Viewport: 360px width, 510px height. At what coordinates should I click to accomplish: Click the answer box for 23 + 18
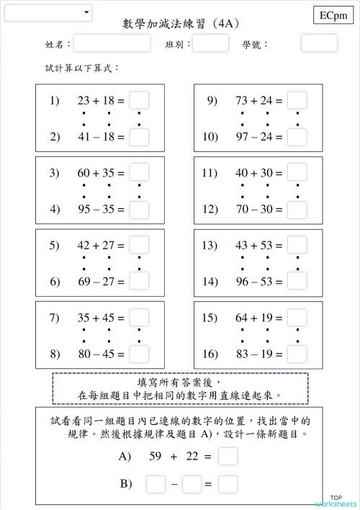(x=139, y=101)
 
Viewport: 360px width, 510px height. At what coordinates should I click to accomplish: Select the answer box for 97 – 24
(x=297, y=137)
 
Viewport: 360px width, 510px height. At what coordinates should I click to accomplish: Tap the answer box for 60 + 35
(x=139, y=173)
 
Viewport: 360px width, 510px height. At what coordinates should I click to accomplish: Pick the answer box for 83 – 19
(x=297, y=354)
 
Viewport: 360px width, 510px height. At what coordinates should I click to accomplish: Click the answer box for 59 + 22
(x=228, y=457)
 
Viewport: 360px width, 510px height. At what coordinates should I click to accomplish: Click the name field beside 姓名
(x=112, y=44)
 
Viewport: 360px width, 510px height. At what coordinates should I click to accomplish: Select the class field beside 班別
(x=210, y=44)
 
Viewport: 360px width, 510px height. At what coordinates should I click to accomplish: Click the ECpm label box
(x=333, y=14)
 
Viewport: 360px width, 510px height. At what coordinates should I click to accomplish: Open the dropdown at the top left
(x=48, y=12)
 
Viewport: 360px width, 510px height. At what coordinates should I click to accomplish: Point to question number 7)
(x=54, y=318)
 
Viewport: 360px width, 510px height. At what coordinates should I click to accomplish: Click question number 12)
(x=210, y=210)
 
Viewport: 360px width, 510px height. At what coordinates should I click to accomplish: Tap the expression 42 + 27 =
(x=101, y=246)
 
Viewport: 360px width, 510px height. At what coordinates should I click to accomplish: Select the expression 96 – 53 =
(x=259, y=282)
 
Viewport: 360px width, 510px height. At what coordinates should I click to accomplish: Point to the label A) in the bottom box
(x=126, y=457)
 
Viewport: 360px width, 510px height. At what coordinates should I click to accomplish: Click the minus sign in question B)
(x=174, y=484)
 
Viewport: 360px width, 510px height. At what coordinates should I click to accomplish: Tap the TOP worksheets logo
(x=335, y=501)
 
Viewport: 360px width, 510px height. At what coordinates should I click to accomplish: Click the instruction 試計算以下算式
(x=81, y=68)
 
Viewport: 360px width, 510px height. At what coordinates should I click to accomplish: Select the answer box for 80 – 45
(x=139, y=354)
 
